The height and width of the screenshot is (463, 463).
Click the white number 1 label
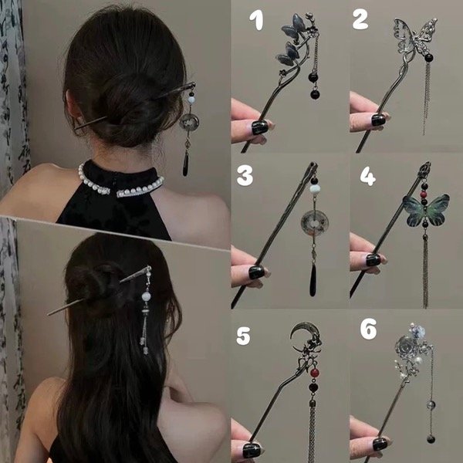(257, 20)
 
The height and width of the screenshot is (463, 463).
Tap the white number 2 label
(360, 20)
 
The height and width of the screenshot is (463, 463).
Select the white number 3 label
(245, 175)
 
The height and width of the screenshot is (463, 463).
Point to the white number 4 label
(368, 176)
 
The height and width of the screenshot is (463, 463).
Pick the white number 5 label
(243, 336)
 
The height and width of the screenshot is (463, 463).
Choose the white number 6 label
(368, 329)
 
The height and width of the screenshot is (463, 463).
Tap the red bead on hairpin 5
(315, 373)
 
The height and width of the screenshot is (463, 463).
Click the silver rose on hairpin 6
(404, 345)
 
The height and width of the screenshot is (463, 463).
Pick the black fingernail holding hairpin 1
(260, 127)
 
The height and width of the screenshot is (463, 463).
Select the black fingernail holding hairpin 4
(373, 259)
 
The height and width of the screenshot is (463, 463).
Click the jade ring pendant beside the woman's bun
(189, 121)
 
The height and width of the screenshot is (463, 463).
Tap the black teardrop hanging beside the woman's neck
(185, 164)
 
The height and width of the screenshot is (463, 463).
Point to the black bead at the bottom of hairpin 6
(431, 439)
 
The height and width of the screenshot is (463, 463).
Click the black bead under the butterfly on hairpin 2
(429, 57)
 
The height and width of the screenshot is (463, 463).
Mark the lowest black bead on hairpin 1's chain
(315, 94)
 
